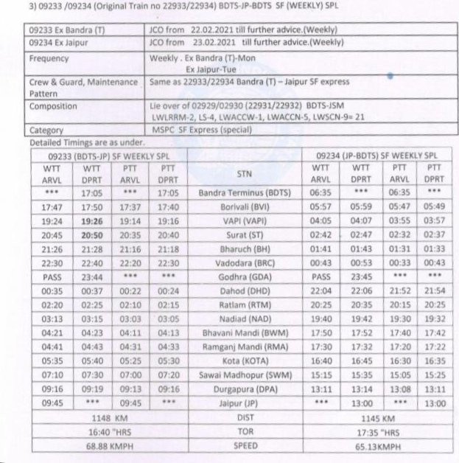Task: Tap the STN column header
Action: pos(245,173)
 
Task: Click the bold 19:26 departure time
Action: pos(92,221)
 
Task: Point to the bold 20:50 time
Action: pos(92,235)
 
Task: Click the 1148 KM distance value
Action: pos(108,418)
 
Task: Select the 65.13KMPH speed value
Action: pos(376,447)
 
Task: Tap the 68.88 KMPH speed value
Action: pos(108,447)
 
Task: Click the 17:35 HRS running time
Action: pos(376,432)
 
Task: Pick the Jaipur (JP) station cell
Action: pos(245,404)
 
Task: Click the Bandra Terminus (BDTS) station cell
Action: pos(245,193)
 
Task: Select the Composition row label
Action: pos(53,106)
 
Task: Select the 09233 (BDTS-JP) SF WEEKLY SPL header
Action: pos(108,156)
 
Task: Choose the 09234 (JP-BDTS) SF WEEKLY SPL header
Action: pos(376,156)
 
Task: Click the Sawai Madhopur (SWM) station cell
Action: pos(245,376)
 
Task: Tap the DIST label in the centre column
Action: pos(245,418)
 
